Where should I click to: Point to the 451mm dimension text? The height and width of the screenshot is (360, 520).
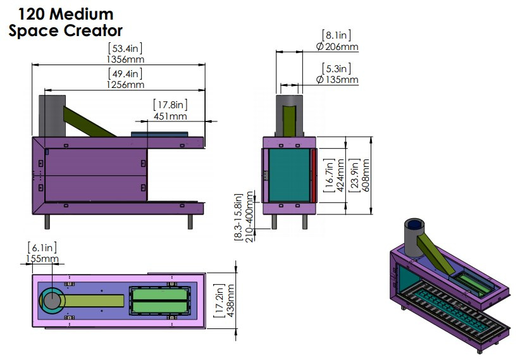point(170,116)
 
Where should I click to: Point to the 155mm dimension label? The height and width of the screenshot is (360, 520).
point(43,258)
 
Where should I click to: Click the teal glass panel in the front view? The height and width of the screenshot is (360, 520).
point(289,175)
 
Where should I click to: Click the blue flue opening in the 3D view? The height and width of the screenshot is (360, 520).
point(415,224)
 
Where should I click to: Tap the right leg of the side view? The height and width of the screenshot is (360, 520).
point(190,221)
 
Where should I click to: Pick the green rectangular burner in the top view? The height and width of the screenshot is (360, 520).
point(160,300)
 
